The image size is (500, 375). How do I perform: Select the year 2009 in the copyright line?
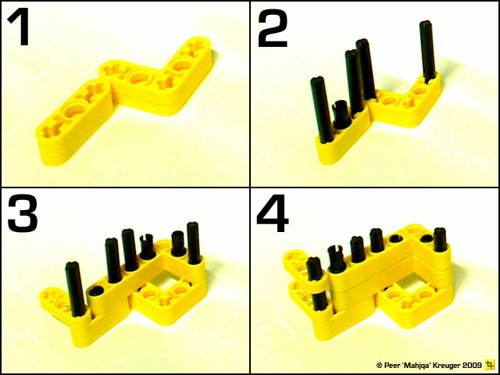pos(470,365)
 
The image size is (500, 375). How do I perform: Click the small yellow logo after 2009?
pos(490,365)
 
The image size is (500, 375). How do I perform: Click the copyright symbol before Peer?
pos(379,365)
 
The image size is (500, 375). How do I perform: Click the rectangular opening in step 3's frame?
pos(174,273)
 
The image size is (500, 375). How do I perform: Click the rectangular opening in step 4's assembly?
pos(406,273)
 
